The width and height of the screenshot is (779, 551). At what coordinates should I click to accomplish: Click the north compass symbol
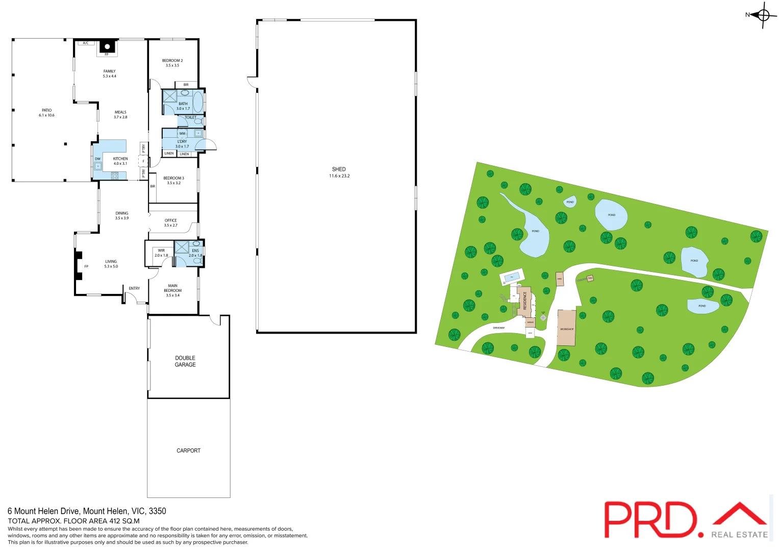(x=763, y=15)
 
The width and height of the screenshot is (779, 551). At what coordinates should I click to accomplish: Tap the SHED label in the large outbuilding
(x=339, y=169)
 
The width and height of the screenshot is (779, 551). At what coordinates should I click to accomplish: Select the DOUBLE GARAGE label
(x=185, y=361)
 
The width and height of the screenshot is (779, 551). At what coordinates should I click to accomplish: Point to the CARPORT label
(x=188, y=450)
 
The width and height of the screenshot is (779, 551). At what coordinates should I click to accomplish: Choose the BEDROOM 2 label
(x=172, y=61)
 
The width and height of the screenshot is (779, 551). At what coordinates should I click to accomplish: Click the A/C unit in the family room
(x=86, y=43)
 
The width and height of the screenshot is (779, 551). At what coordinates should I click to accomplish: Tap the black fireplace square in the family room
(x=107, y=46)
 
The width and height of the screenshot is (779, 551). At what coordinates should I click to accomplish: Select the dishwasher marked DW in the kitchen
(x=97, y=165)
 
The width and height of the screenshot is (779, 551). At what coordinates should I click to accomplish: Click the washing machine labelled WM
(x=182, y=134)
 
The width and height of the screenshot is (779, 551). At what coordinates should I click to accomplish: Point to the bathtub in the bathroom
(x=198, y=102)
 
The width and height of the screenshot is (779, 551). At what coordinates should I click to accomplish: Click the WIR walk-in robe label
(x=161, y=251)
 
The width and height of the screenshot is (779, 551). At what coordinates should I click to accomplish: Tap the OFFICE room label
(x=171, y=220)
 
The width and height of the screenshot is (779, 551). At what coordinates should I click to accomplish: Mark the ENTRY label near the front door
(x=134, y=289)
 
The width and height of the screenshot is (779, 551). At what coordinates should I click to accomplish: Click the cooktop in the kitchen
(x=115, y=176)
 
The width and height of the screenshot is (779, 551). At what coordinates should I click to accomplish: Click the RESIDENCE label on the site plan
(x=524, y=300)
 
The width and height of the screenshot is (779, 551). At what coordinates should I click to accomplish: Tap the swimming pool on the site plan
(x=512, y=277)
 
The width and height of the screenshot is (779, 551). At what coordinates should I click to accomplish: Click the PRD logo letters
(x=650, y=519)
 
